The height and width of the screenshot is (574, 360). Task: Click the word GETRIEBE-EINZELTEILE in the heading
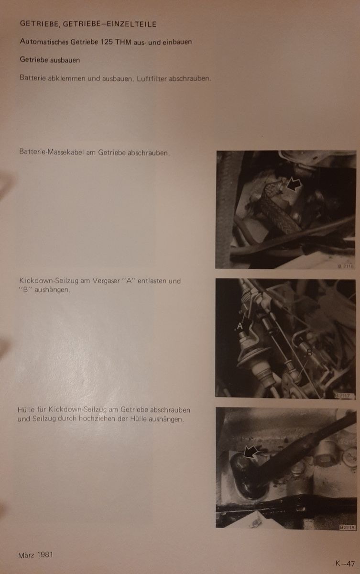pos(109,24)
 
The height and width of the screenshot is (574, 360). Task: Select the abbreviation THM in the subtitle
pos(123,42)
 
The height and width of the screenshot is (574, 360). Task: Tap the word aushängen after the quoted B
pos(52,290)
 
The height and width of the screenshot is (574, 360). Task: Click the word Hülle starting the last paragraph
pos(26,409)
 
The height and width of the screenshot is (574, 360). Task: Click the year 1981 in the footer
pos(45,555)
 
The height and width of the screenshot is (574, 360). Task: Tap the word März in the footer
pos(26,555)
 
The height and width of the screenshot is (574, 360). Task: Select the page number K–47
pos(345,563)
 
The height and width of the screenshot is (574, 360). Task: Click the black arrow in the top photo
pos(294,185)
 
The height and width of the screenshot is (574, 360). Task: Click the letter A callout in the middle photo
pos(240,326)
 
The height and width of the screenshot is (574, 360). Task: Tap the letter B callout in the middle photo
pos(309,352)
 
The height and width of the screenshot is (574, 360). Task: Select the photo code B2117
pos(344,396)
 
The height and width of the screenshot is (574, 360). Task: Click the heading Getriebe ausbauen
pos(50,60)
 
